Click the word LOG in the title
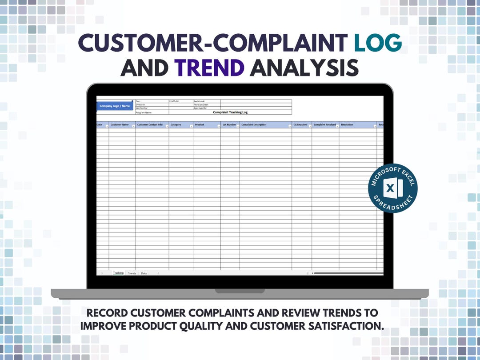click(378, 44)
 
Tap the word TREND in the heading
click(209, 68)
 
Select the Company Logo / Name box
click(115, 106)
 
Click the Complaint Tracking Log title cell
click(230, 112)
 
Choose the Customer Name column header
click(120, 125)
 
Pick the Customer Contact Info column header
click(150, 125)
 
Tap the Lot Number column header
click(229, 125)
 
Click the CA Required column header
click(300, 125)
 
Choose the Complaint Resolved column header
click(325, 125)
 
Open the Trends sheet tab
click(132, 273)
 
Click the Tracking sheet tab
click(118, 273)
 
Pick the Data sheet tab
click(144, 273)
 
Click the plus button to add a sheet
click(158, 273)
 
